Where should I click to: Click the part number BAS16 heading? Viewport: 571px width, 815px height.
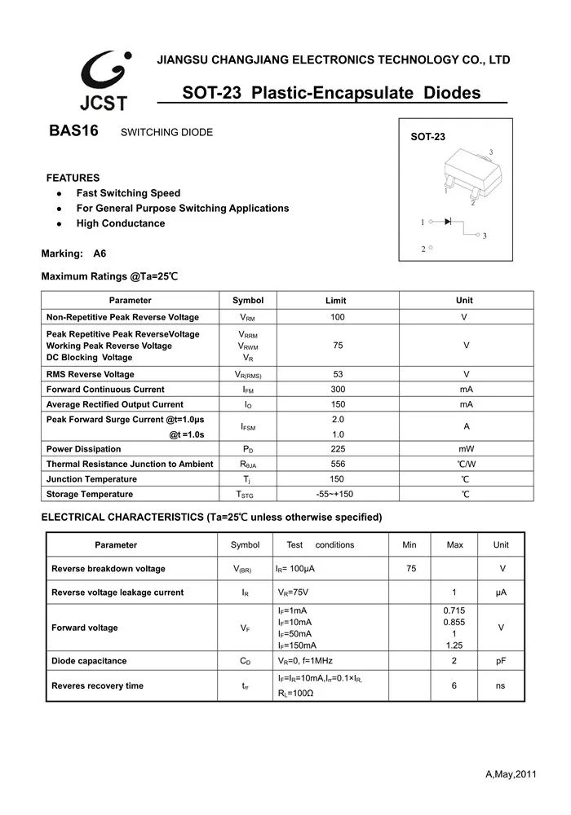click(x=73, y=132)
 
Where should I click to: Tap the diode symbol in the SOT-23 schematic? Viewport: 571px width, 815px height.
click(x=447, y=222)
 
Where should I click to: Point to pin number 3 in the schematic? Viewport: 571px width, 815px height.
click(x=484, y=236)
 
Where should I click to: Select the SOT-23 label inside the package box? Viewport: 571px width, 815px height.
click(x=427, y=138)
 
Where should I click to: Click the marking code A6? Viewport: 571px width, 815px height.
click(x=100, y=253)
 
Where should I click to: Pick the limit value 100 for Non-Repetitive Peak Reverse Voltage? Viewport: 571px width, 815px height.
click(x=338, y=317)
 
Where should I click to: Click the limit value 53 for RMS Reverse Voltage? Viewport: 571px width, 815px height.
click(x=338, y=374)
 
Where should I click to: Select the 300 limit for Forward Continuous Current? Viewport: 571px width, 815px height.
click(x=338, y=390)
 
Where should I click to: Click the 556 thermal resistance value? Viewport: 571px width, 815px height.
click(x=338, y=464)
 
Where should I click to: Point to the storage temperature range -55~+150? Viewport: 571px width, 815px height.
click(x=334, y=494)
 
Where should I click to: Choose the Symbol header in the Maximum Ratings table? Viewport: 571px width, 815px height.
click(x=248, y=300)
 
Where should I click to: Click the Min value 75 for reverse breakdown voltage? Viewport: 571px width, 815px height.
click(x=410, y=569)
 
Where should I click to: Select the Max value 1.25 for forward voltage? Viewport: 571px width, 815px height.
click(x=454, y=645)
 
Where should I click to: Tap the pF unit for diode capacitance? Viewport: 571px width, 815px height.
click(x=501, y=661)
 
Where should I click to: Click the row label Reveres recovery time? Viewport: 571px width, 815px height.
click(x=97, y=686)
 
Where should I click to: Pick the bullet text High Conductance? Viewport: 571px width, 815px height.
click(x=121, y=223)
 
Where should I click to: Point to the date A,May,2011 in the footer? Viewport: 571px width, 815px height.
click(x=511, y=773)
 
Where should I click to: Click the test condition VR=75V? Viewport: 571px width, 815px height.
click(x=293, y=593)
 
